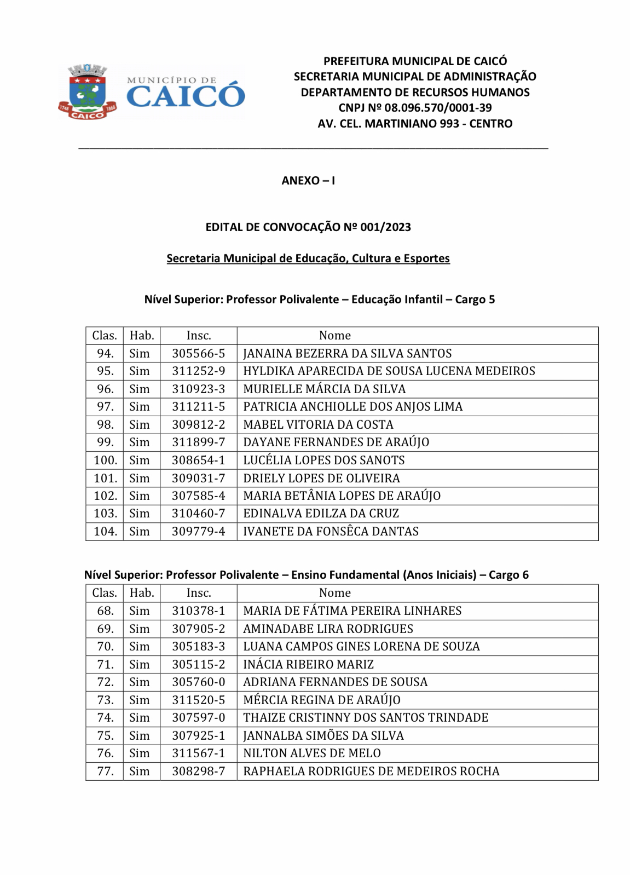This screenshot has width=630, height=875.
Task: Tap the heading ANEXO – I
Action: pyautogui.click(x=308, y=181)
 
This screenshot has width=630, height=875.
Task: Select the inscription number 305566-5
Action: pyautogui.click(x=198, y=354)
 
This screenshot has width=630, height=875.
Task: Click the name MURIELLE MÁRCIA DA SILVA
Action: pyautogui.click(x=324, y=389)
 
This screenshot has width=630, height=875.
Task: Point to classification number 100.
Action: pyautogui.click(x=105, y=460)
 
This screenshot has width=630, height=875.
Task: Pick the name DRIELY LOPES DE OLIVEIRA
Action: pyautogui.click(x=321, y=479)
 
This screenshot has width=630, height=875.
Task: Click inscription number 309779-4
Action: pyautogui.click(x=198, y=532)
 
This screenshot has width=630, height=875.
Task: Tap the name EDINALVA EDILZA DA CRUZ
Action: pyautogui.click(x=321, y=514)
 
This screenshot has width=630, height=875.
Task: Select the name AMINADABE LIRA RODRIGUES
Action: pyautogui.click(x=328, y=629)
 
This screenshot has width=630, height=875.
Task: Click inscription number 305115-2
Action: pyautogui.click(x=198, y=665)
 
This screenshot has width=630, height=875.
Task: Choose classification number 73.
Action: pyautogui.click(x=105, y=700)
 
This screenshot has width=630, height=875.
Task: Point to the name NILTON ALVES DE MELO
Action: pyautogui.click(x=311, y=753)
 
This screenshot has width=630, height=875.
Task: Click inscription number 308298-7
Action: pyautogui.click(x=198, y=772)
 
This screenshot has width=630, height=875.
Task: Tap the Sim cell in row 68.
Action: pyautogui.click(x=140, y=611)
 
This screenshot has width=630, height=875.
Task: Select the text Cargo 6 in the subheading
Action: pyautogui.click(x=508, y=575)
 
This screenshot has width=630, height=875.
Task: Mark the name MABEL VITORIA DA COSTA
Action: pyautogui.click(x=318, y=425)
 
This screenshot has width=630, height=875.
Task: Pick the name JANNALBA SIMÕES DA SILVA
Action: pyautogui.click(x=323, y=736)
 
